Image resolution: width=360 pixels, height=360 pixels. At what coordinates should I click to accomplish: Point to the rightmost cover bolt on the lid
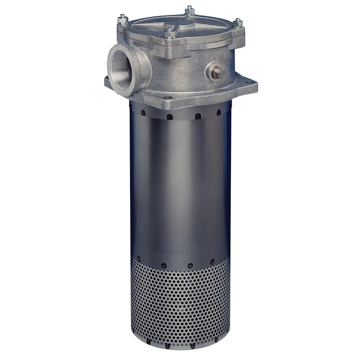238,22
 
